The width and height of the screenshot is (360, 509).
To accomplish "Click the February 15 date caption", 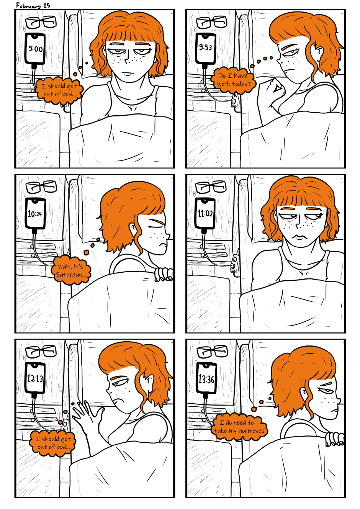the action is click(33, 5).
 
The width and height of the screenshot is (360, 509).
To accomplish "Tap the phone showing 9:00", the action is click(35, 49).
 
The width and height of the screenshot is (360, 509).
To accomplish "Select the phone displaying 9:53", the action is click(206, 48).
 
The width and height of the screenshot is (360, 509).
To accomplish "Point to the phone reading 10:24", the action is click(35, 213).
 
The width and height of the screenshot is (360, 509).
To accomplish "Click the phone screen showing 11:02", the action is click(205, 213).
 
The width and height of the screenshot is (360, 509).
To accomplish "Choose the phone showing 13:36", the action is click(206, 378).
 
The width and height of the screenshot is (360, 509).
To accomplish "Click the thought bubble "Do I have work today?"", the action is click(233, 80).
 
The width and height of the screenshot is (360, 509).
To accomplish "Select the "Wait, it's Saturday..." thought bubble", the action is click(71, 271).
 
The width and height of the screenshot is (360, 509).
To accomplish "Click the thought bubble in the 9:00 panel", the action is click(59, 90).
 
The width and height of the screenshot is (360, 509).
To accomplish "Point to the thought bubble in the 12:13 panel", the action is click(52, 443).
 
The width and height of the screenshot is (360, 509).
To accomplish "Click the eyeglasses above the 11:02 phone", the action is click(211, 187).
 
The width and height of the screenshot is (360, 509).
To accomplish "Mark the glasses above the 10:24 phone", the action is click(41, 187).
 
